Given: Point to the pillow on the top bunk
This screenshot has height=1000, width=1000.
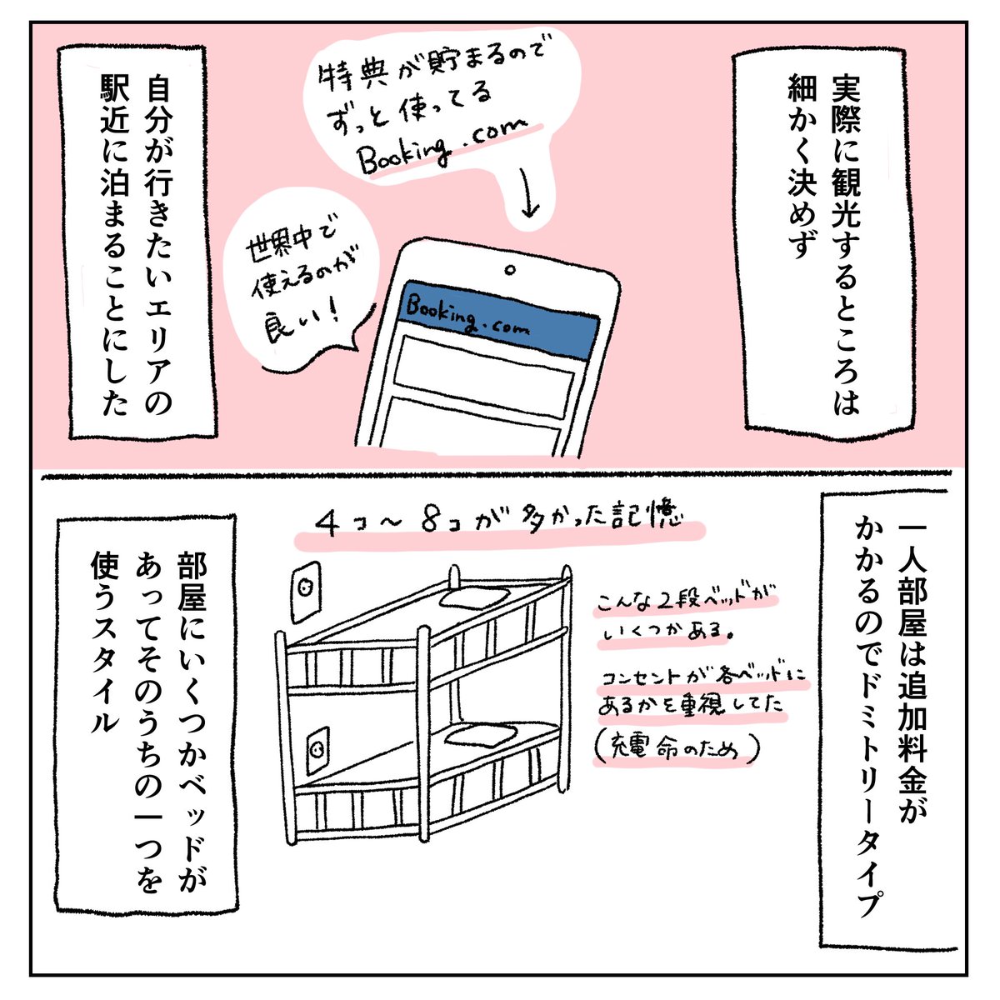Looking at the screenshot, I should pyautogui.click(x=475, y=597).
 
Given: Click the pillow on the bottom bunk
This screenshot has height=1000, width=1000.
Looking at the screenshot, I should pyautogui.click(x=478, y=734).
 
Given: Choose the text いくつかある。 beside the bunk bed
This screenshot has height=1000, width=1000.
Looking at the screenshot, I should pyautogui.click(x=667, y=633).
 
